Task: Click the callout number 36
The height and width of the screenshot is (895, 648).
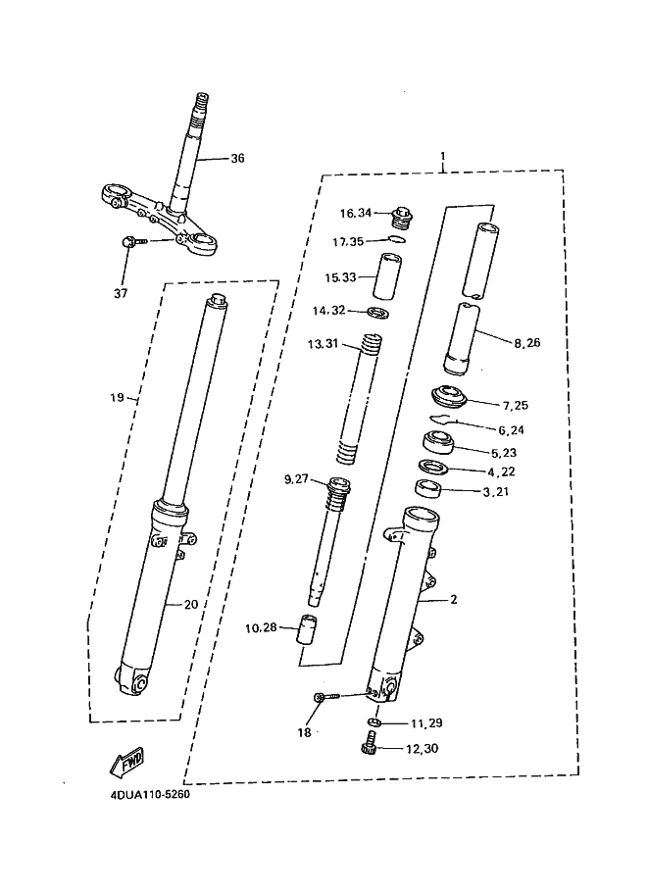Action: tap(237, 158)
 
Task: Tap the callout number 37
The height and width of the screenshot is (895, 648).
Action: tap(121, 293)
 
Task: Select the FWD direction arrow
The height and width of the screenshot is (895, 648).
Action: tap(127, 761)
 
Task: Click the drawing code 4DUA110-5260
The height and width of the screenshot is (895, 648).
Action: tap(150, 795)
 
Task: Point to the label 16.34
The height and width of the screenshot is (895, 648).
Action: tap(356, 213)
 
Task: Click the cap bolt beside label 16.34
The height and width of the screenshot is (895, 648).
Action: tap(402, 218)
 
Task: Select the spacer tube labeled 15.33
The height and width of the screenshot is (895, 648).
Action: tap(387, 276)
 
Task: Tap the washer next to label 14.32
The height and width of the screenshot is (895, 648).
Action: tap(377, 313)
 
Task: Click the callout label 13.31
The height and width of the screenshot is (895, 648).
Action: tap(323, 344)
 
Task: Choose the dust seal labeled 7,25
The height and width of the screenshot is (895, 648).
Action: tap(448, 397)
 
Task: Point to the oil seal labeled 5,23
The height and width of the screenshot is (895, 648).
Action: tap(439, 443)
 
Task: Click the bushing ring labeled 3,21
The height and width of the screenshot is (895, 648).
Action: tap(428, 489)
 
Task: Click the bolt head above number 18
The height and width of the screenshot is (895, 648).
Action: tap(320, 696)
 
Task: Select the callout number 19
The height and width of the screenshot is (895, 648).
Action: tap(117, 397)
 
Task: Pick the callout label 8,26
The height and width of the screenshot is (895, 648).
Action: tap(527, 343)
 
